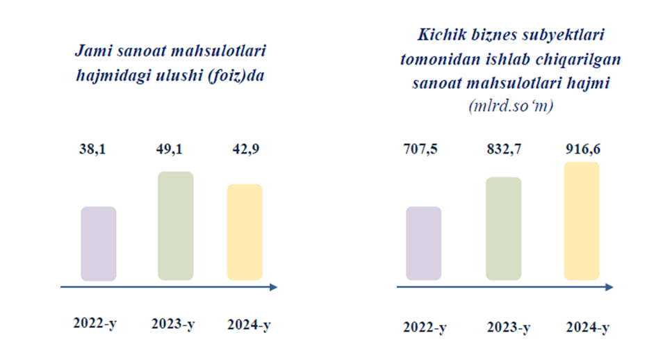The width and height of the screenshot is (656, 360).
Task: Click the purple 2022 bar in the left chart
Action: (99, 243)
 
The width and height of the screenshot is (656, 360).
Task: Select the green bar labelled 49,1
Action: (176, 226)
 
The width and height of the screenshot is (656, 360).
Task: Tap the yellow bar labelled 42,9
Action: (245, 232)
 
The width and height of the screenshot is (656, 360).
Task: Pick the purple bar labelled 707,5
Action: (423, 243)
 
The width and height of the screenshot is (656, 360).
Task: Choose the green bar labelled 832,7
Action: (504, 229)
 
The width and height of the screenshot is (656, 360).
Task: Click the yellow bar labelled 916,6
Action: (582, 221)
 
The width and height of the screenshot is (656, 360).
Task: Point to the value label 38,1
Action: (92, 149)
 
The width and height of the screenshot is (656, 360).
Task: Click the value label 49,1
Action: (170, 149)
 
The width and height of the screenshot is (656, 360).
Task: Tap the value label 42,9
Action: (246, 149)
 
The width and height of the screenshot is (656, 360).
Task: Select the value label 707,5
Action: (420, 149)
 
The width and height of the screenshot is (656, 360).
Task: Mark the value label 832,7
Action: (504, 149)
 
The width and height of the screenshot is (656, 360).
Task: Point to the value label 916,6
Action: (583, 149)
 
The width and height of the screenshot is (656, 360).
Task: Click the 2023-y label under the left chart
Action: (173, 324)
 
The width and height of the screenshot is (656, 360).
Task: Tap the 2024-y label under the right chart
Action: (588, 327)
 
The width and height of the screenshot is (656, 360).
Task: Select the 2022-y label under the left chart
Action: (95, 323)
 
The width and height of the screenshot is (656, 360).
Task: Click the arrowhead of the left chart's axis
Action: (274, 287)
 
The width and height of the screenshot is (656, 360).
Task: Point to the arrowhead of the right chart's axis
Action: (609, 287)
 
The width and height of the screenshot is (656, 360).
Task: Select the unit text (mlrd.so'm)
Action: (511, 106)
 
